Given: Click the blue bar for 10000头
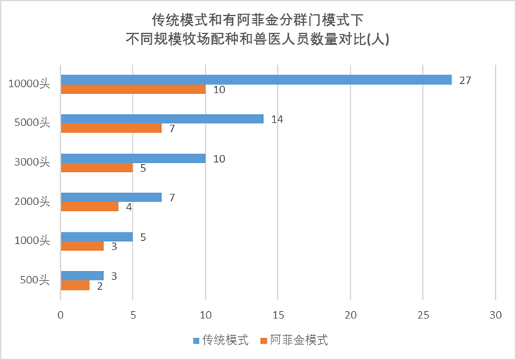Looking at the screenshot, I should pyautogui.click(x=256, y=80).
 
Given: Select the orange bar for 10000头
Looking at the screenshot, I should pyautogui.click(x=133, y=90).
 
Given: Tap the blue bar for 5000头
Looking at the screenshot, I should pyautogui.click(x=162, y=119).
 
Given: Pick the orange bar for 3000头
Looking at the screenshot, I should pyautogui.click(x=97, y=168).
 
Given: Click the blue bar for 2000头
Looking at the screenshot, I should pyautogui.click(x=111, y=197).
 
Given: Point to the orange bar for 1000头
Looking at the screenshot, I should pyautogui.click(x=82, y=246).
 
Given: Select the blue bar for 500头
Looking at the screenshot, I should pyautogui.click(x=82, y=275).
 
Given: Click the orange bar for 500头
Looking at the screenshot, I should pyautogui.click(x=75, y=285).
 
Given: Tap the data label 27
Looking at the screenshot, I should pyautogui.click(x=464, y=80).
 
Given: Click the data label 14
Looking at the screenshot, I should pyautogui.click(x=277, y=119).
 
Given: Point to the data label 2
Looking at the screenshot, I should pyautogui.click(x=100, y=285).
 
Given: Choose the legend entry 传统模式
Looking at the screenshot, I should pyautogui.click(x=219, y=339).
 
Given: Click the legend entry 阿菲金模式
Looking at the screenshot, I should pyautogui.click(x=295, y=339).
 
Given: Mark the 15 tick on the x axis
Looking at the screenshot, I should pyautogui.click(x=278, y=313).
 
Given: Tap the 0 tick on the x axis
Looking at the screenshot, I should pyautogui.click(x=61, y=313).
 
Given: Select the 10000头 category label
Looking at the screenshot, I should pyautogui.click(x=29, y=85).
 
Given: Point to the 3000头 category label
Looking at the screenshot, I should pyautogui.click(x=32, y=163).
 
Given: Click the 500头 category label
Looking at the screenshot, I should pyautogui.click(x=34, y=280).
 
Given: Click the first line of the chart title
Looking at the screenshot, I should pyautogui.click(x=257, y=18).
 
